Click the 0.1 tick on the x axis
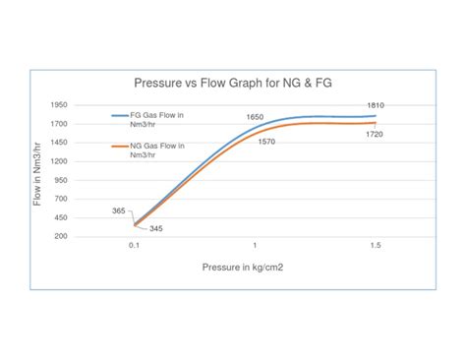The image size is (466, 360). click(x=134, y=245)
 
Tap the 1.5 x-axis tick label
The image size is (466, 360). click(x=375, y=245)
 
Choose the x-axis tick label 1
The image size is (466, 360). click(x=255, y=245)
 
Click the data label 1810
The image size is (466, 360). click(x=375, y=105)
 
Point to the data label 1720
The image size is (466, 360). click(x=375, y=134)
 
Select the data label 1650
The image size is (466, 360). click(x=255, y=117)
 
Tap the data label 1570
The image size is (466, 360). click(x=266, y=142)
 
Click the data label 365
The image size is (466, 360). click(x=119, y=210)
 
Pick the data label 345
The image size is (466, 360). click(x=156, y=228)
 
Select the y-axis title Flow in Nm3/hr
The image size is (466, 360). click(x=37, y=170)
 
